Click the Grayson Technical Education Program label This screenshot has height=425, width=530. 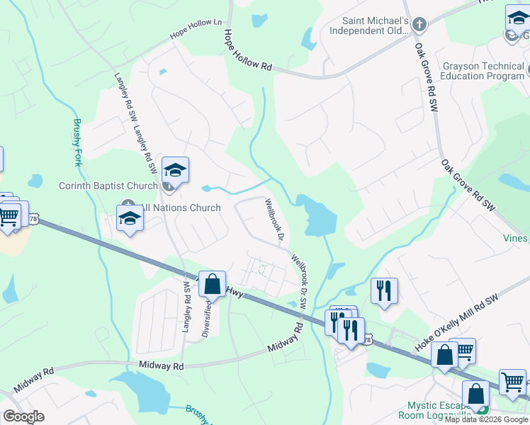[483, 71]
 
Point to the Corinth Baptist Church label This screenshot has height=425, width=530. [108, 186]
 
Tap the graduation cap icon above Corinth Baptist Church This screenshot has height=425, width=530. [175, 171]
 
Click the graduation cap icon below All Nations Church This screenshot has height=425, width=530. [130, 219]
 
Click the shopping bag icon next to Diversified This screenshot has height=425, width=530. [213, 285]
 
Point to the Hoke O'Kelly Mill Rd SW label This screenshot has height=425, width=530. [457, 322]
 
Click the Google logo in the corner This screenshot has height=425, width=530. [23, 416]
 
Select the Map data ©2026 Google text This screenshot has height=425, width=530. [486, 419]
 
